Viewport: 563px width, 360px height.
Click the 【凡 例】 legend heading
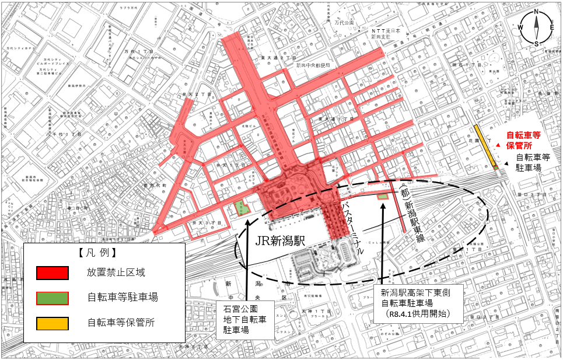coord(97,253)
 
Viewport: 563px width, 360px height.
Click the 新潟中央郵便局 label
coord(313,66)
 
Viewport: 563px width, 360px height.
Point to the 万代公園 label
coord(345,22)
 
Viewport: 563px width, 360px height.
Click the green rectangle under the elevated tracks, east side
coord(383,196)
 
